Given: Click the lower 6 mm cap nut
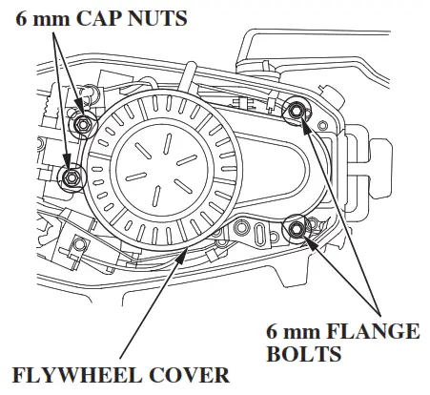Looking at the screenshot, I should click(71, 177).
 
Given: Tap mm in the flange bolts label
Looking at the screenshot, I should click(299, 332).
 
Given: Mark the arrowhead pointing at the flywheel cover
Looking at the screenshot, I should click(184, 251).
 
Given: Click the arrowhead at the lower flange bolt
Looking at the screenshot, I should click(308, 238).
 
